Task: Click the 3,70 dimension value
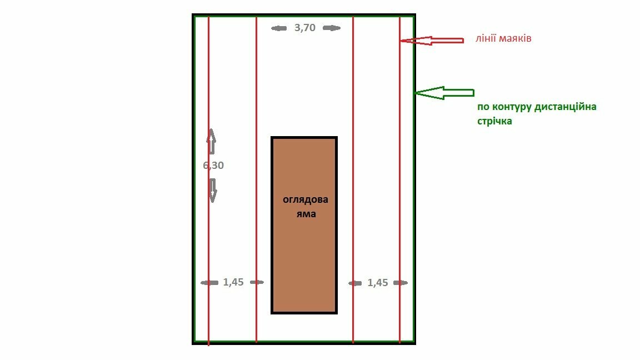(x=305, y=28)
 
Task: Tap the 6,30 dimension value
(x=213, y=165)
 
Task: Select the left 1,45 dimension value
(x=233, y=282)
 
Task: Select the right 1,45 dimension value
(x=378, y=283)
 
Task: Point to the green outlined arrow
(x=444, y=93)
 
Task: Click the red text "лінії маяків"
(x=503, y=39)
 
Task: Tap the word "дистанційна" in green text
(x=565, y=107)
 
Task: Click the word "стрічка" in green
(x=494, y=121)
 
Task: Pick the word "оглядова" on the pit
(x=306, y=200)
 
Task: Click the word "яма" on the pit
(x=306, y=213)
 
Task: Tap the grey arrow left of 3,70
(x=279, y=28)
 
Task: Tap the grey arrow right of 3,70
(x=332, y=28)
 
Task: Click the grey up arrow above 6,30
(x=211, y=142)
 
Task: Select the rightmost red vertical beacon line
(x=399, y=167)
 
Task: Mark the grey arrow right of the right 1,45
(x=400, y=283)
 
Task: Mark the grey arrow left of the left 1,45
(x=209, y=283)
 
